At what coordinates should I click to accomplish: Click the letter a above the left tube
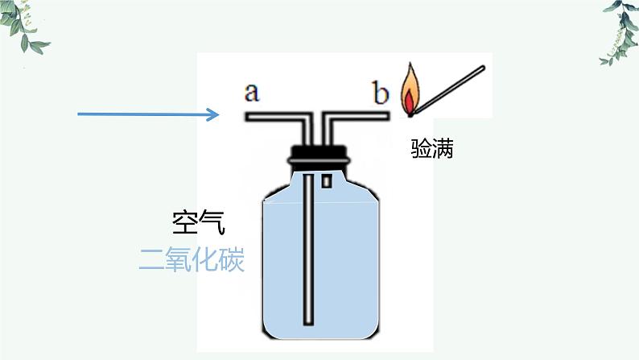click(x=252, y=93)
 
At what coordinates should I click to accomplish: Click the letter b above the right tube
click(x=380, y=93)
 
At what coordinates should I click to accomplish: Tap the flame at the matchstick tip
click(x=410, y=89)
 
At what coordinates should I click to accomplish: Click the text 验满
click(x=432, y=148)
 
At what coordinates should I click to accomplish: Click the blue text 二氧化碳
click(x=192, y=260)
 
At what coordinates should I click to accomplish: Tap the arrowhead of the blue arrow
click(x=214, y=114)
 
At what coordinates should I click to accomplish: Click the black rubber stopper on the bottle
click(x=320, y=152)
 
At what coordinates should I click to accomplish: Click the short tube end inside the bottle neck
click(x=327, y=181)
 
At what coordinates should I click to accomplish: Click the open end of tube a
click(x=248, y=118)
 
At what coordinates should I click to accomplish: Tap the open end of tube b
click(x=388, y=118)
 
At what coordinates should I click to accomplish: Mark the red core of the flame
click(x=409, y=101)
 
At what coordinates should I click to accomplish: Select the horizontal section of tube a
click(x=274, y=118)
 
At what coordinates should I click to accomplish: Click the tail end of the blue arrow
click(x=80, y=114)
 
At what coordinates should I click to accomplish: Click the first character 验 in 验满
click(x=421, y=148)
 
